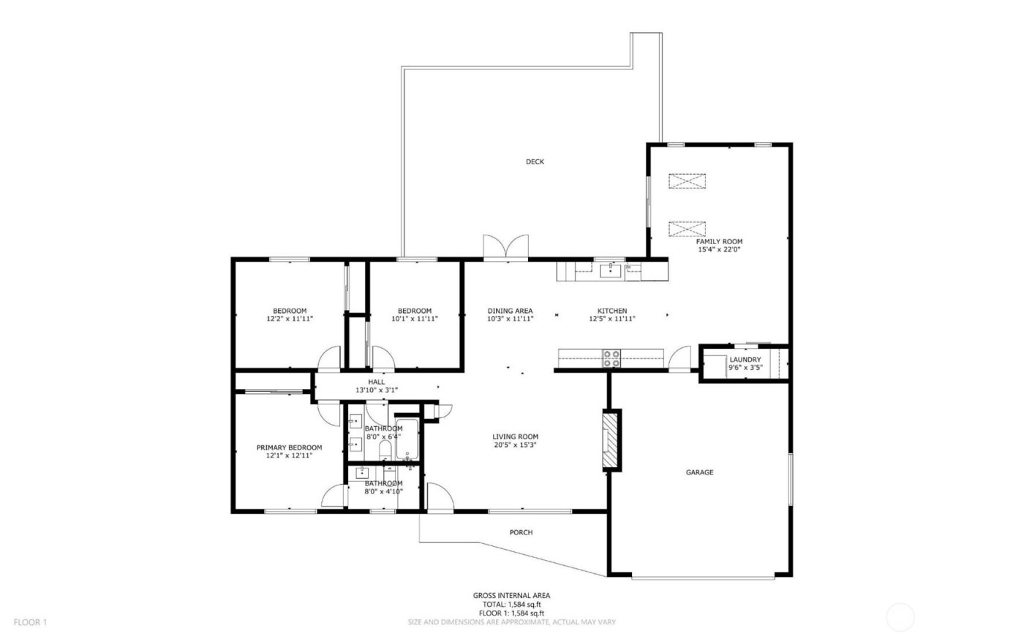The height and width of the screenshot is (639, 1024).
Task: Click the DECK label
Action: pyautogui.click(x=535, y=162)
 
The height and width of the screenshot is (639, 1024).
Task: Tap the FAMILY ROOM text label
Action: pyautogui.click(x=719, y=241)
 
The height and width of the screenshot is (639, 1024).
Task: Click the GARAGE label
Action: pyautogui.click(x=699, y=472)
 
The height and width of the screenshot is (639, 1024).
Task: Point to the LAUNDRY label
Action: pyautogui.click(x=745, y=360)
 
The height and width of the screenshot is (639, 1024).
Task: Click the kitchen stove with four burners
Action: pyautogui.click(x=611, y=358)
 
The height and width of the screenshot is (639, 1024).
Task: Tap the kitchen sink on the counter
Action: pyautogui.click(x=610, y=271)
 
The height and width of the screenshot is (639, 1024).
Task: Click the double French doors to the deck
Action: pyautogui.click(x=505, y=248)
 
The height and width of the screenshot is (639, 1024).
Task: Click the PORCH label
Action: pyautogui.click(x=521, y=532)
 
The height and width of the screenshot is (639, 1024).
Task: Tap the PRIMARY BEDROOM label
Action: pyautogui.click(x=289, y=447)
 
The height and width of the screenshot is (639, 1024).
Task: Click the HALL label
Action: pyautogui.click(x=376, y=382)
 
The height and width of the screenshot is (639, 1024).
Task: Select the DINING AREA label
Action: pyautogui.click(x=510, y=311)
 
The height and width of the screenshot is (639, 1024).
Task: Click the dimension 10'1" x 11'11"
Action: pyautogui.click(x=414, y=319)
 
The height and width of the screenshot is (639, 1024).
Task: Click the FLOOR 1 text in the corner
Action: pyautogui.click(x=30, y=622)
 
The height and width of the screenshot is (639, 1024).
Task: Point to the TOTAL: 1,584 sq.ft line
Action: pyautogui.click(x=511, y=604)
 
